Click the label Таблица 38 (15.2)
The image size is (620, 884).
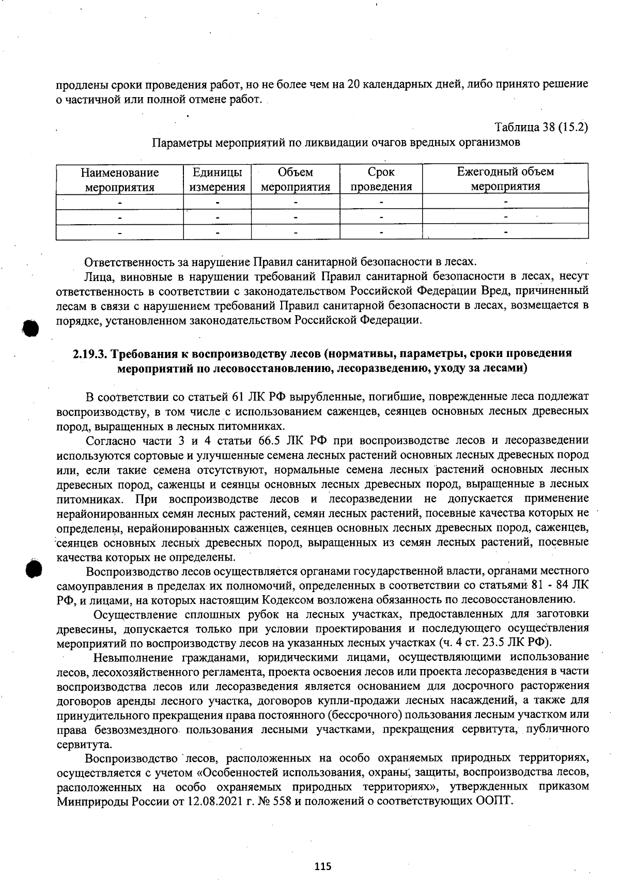coord(541,127)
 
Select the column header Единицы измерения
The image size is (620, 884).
coord(217,179)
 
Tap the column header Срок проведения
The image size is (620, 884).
coord(381,179)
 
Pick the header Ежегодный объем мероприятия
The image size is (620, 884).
coord(505,179)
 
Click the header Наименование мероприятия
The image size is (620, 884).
coord(119,179)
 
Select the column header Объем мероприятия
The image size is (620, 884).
coord(295,179)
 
